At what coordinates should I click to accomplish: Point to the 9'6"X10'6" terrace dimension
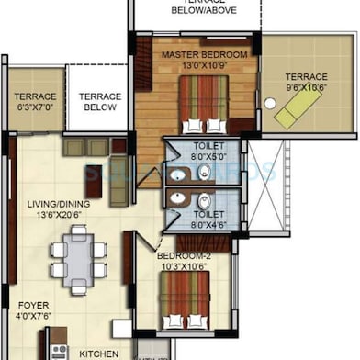tap(305, 88)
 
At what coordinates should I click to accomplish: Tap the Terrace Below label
tap(99, 101)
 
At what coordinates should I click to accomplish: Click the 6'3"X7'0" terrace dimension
tap(34, 107)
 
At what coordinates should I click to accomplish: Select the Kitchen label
tap(99, 354)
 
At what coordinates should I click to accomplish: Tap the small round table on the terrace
tap(270, 104)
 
